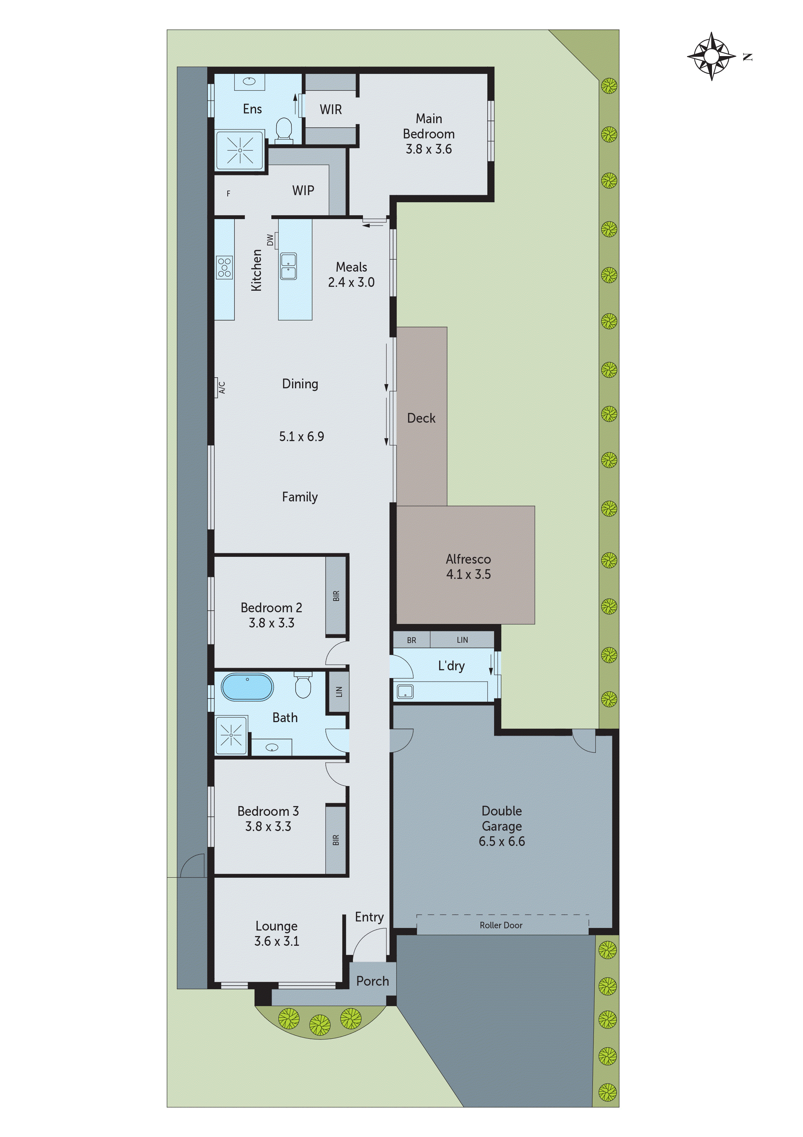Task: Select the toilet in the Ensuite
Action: click(284, 130)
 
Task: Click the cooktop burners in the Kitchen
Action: click(224, 267)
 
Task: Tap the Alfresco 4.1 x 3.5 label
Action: click(468, 567)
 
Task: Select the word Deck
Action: click(421, 418)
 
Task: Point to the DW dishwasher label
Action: click(270, 240)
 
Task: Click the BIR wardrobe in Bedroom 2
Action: click(336, 596)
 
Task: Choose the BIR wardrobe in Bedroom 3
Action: click(336, 840)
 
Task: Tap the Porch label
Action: click(373, 981)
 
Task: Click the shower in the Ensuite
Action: click(240, 149)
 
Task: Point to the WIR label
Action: click(331, 110)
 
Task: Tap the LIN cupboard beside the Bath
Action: click(339, 691)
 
